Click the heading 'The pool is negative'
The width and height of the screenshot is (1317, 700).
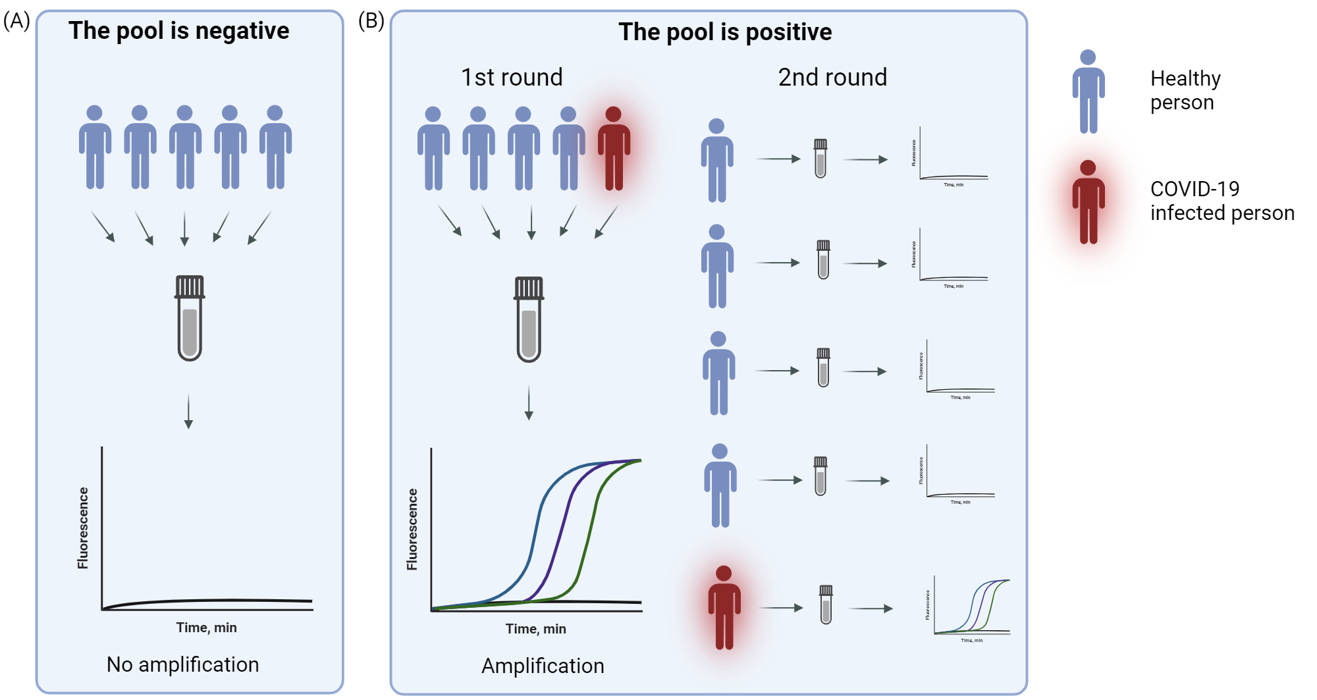(x=178, y=31)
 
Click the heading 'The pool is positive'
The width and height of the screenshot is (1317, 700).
(x=724, y=32)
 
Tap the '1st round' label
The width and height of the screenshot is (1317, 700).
(x=512, y=78)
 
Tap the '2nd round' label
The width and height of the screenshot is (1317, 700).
(x=832, y=78)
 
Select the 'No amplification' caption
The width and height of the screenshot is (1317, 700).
(x=182, y=664)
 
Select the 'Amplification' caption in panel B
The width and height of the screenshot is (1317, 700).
(x=543, y=666)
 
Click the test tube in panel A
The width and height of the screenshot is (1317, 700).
(x=190, y=318)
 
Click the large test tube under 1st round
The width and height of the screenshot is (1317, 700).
(x=529, y=319)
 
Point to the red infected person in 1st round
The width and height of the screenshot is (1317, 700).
(x=614, y=149)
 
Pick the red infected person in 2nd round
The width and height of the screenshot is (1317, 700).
(x=724, y=607)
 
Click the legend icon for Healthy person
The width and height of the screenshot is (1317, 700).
(x=1089, y=92)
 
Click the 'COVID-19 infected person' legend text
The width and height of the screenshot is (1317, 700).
(x=1222, y=201)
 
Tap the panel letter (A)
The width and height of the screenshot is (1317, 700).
(x=17, y=21)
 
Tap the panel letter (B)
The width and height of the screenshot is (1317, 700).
(x=371, y=21)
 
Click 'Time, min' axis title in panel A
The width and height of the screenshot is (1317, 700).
(x=206, y=628)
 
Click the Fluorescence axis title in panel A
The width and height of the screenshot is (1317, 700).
(x=83, y=528)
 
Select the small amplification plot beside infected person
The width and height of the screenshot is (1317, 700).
(x=971, y=607)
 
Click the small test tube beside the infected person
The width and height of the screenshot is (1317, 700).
(x=826, y=605)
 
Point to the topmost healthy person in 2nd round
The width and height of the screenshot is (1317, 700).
(x=717, y=160)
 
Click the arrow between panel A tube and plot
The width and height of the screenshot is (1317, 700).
(x=188, y=411)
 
